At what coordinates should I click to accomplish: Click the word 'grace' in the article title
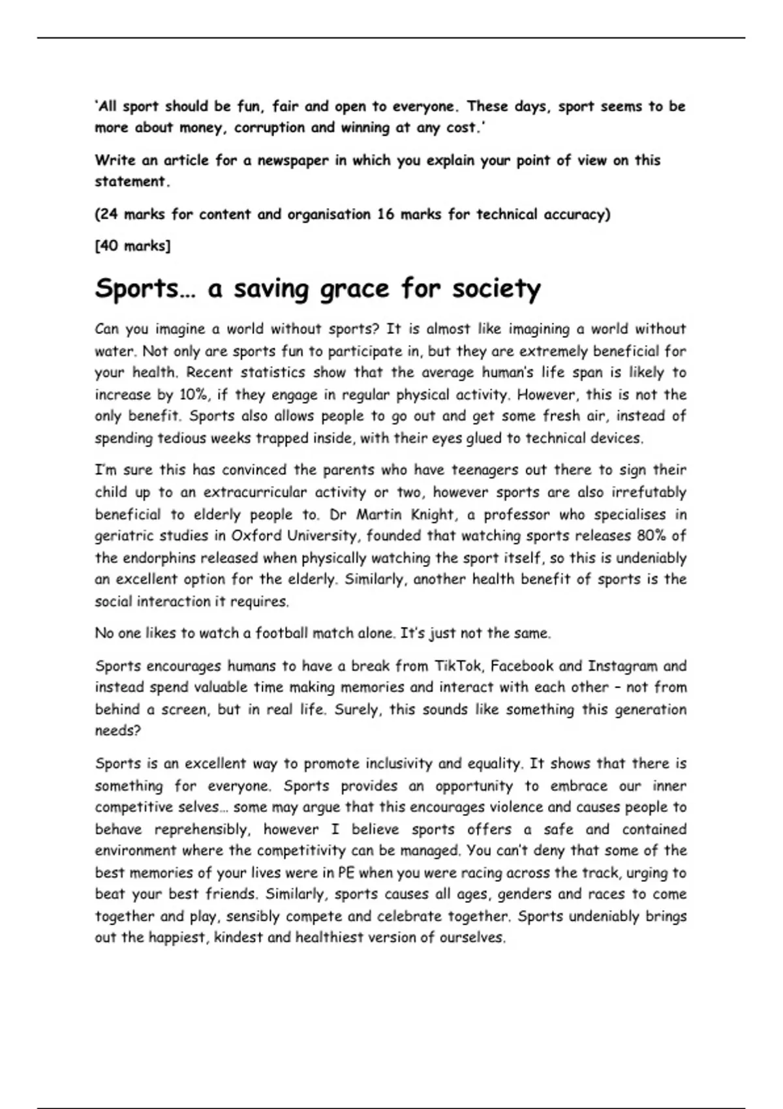351,289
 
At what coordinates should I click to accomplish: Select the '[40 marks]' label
132,246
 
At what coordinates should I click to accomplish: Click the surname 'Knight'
432,514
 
